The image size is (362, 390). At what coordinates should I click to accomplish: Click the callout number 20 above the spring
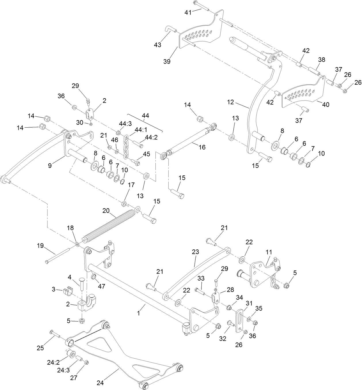[x=106, y=211]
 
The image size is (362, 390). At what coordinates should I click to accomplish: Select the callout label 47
[x=102, y=286]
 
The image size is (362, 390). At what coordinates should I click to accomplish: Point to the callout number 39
[x=167, y=61]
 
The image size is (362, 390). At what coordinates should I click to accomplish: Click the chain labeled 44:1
[x=126, y=147]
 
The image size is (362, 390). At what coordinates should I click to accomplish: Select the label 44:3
[x=125, y=124]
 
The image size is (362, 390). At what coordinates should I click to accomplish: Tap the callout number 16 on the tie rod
[x=202, y=147]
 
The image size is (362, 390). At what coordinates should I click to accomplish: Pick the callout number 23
[x=195, y=252]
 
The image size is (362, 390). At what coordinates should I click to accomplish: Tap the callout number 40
[x=325, y=105]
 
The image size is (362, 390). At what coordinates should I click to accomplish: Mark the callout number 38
[x=321, y=60]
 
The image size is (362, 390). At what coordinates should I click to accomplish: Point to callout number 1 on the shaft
[x=138, y=313]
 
